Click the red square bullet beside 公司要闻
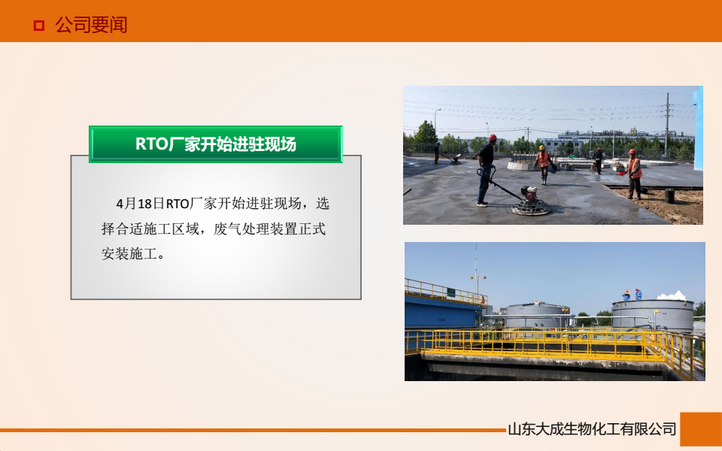[x=38, y=26]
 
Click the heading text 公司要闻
[x=91, y=26]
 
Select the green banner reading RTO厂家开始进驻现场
[x=216, y=144]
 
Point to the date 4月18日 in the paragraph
[x=140, y=204]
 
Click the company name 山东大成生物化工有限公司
[x=592, y=430]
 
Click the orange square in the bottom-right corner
[x=700, y=429]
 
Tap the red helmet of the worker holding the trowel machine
[x=493, y=138]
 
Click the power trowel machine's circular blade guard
[x=531, y=208]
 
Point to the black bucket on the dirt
[x=669, y=195]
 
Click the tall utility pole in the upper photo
[x=666, y=124]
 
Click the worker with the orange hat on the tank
[x=626, y=295]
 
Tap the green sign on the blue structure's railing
[x=450, y=292]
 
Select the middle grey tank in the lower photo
[x=535, y=316]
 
